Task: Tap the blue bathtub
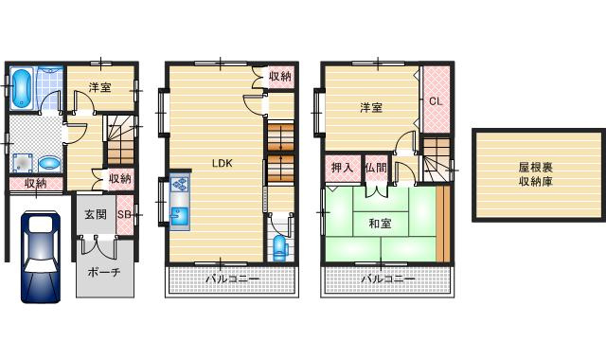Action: coord(23,87)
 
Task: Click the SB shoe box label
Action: coord(124,215)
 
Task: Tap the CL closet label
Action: coord(436,100)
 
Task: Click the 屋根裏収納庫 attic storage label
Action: coord(535,173)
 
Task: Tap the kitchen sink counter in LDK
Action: coord(180,202)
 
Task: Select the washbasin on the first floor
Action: coord(48,162)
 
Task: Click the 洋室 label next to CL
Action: coord(370,107)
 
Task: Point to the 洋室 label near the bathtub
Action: coord(99,87)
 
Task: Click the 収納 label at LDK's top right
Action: coord(279,77)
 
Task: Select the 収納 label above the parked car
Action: coord(36,184)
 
